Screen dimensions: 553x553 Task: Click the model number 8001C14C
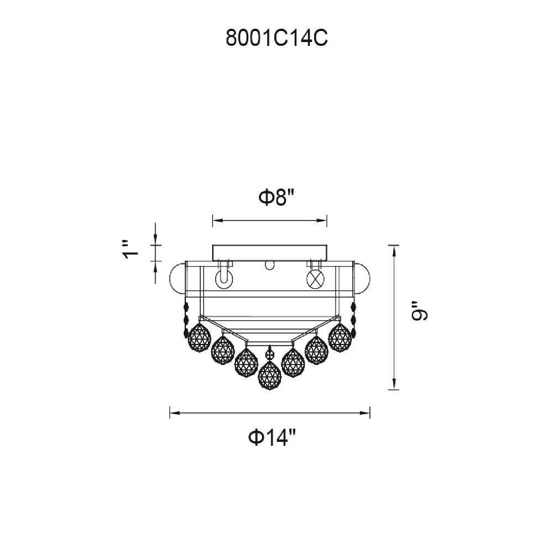(x=276, y=38)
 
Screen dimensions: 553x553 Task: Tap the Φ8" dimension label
(x=276, y=197)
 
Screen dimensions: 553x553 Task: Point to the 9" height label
(x=419, y=311)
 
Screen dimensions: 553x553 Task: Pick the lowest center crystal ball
(x=270, y=375)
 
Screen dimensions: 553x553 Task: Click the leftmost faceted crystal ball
(x=200, y=337)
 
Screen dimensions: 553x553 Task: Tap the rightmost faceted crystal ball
(x=340, y=337)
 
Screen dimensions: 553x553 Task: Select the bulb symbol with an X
(x=315, y=279)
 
